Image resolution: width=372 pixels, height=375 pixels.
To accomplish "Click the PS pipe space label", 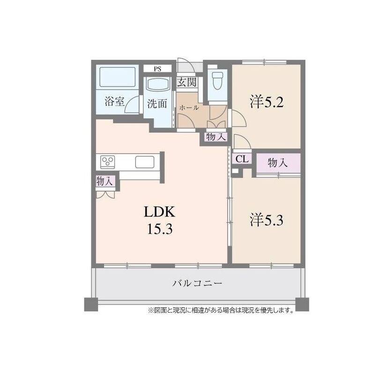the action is coord(157,69).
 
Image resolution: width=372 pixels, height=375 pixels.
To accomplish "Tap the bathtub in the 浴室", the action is coord(118,77).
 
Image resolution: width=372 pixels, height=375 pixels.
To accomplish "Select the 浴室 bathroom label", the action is coord(115,101).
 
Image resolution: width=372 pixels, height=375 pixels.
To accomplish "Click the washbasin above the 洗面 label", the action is coord(158,84).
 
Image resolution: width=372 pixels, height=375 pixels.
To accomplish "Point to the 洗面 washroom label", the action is coord(157,104).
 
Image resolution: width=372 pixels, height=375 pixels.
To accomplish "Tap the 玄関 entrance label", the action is coord(187,82).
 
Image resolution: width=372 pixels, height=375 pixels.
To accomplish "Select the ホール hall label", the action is coord(189,108).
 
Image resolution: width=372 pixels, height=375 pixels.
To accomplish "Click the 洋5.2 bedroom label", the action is coord(267,102).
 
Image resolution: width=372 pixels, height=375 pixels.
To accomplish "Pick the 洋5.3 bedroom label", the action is coord(267,220).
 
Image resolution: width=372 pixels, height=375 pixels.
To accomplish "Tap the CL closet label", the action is coord(242,159).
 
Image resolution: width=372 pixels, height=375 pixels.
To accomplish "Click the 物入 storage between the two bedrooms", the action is coord(277,163).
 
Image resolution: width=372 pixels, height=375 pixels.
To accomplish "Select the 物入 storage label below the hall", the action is coord(216,137).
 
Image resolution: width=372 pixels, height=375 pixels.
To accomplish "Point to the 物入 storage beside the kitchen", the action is coord(104,181).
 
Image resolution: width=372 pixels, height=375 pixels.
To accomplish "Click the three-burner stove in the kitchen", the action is coord(108,160).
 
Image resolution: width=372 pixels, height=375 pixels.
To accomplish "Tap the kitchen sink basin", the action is coord(145,162).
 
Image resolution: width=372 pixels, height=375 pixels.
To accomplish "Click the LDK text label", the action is coord(159,211).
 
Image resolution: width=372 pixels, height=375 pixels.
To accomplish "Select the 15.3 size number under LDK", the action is coord(159,229).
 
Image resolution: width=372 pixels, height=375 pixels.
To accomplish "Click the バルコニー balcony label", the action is coord(197,284).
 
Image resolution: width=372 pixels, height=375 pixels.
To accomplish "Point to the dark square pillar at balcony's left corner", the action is coord(91,304).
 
